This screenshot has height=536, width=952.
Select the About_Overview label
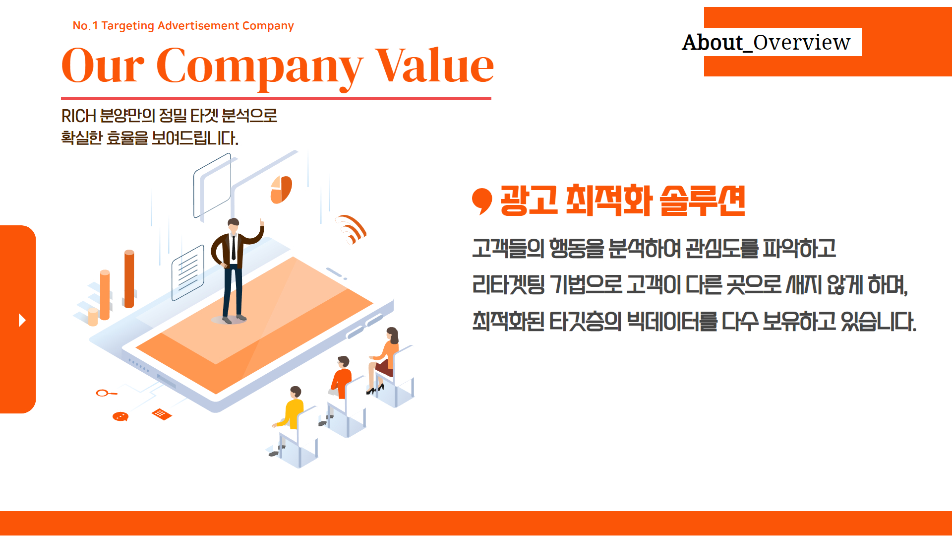click(x=766, y=42)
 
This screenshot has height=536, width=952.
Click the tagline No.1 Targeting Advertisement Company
click(x=183, y=25)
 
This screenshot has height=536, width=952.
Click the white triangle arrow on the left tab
click(x=22, y=320)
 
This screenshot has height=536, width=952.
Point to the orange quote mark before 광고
click(x=481, y=201)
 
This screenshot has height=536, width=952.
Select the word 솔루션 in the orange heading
click(x=703, y=200)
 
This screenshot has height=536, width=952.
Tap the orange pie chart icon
click(x=281, y=190)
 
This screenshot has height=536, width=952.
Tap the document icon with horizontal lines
click(x=188, y=272)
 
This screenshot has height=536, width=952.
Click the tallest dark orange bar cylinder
click(x=129, y=279)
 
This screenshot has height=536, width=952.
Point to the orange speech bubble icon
click(x=120, y=417)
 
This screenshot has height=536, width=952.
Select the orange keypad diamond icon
click(x=162, y=414)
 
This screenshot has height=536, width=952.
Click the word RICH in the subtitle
click(x=78, y=116)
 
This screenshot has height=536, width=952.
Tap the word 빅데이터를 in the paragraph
click(x=672, y=322)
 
